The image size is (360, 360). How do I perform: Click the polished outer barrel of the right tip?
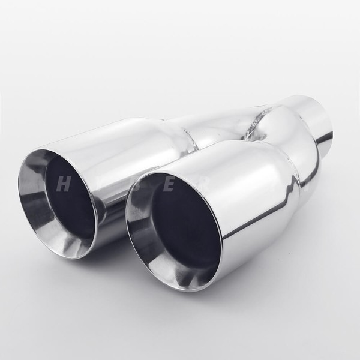coord(264,198)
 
